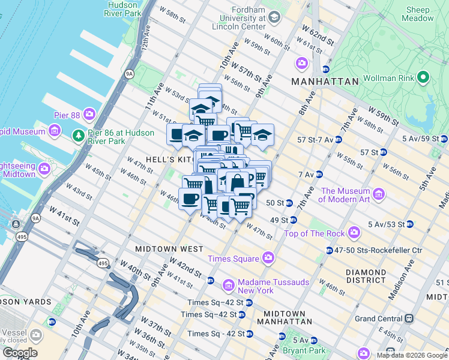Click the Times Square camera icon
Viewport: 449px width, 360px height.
(x=268, y=258)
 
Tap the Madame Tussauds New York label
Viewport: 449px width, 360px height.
(x=247, y=286)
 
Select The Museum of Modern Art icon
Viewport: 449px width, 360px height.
(x=379, y=194)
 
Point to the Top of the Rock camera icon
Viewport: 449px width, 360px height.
(x=354, y=232)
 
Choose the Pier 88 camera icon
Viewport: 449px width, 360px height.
(x=89, y=113)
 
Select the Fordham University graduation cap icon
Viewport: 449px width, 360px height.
(x=274, y=17)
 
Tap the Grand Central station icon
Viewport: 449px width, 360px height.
(x=409, y=318)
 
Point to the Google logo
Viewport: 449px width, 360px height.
(x=20, y=353)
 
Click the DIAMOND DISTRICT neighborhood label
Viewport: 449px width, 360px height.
(x=366, y=276)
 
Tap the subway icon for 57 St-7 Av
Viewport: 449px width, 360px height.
(x=338, y=139)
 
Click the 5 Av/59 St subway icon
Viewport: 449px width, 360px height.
(x=444, y=139)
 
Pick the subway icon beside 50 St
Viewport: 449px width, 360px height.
(x=289, y=203)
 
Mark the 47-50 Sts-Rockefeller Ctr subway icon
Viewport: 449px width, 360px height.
(x=330, y=250)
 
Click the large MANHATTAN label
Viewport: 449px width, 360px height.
(x=325, y=81)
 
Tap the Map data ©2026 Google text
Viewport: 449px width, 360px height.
(x=412, y=355)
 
